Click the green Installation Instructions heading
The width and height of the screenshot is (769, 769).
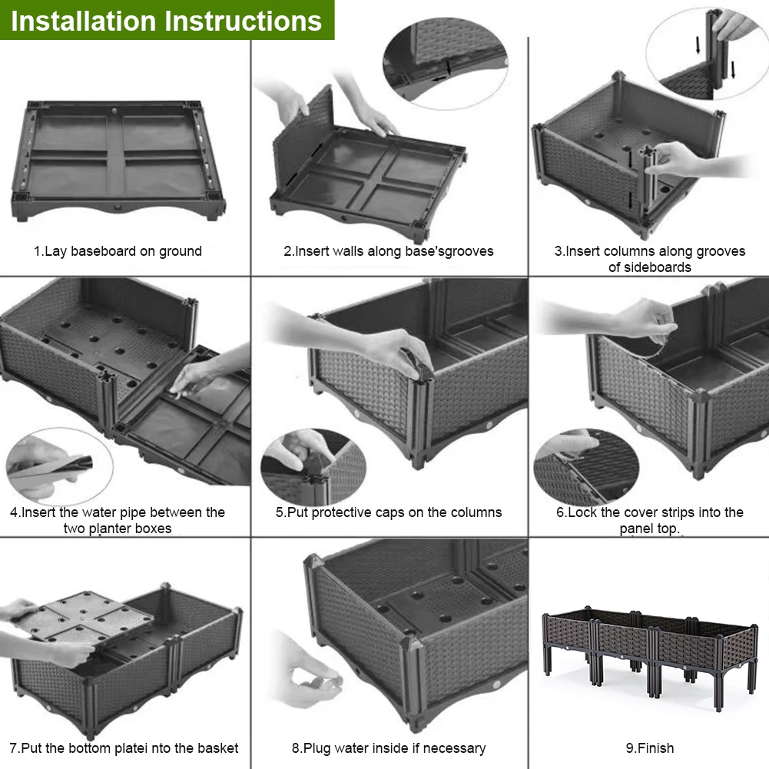click(167, 20)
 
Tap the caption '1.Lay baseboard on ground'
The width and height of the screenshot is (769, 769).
click(118, 251)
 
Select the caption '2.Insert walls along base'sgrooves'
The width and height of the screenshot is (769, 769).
click(389, 251)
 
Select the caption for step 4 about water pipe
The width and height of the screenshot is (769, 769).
click(118, 520)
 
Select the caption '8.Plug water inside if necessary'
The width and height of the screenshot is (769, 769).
click(389, 747)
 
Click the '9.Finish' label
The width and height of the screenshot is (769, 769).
click(650, 747)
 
